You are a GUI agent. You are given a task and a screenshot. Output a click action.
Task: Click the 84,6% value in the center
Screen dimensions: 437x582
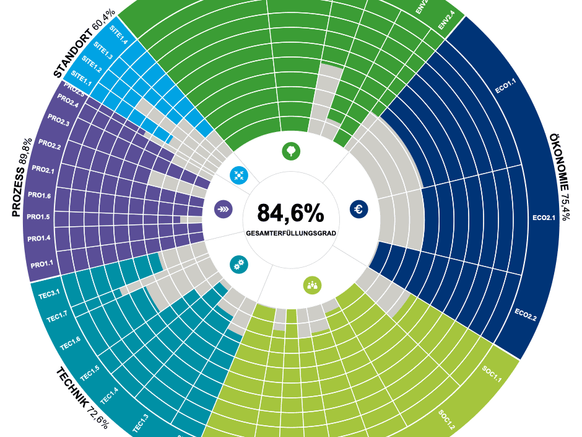[x=290, y=213]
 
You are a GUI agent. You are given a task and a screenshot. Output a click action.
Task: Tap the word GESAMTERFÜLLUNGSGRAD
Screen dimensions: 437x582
[x=290, y=234]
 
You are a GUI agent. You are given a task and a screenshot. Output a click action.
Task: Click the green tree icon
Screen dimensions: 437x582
[x=290, y=150]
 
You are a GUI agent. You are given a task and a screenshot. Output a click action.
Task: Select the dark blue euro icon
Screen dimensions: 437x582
[x=358, y=210]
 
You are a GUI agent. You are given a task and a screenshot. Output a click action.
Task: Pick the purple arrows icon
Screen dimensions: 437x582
[x=223, y=210]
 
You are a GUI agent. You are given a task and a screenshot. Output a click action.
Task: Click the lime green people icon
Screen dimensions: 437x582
[x=312, y=285]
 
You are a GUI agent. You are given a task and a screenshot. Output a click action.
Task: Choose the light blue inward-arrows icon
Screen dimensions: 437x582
[x=238, y=175]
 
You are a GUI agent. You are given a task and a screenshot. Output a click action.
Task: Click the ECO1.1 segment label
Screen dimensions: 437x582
[x=505, y=86]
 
